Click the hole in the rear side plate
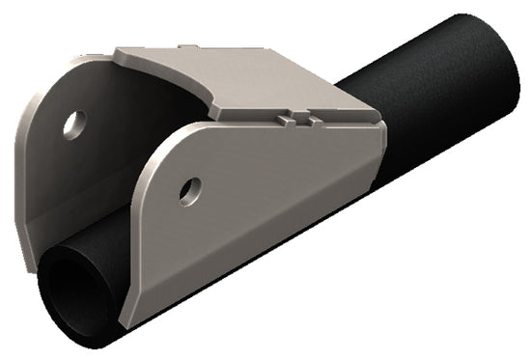[73, 123]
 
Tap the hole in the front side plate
[191, 188]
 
